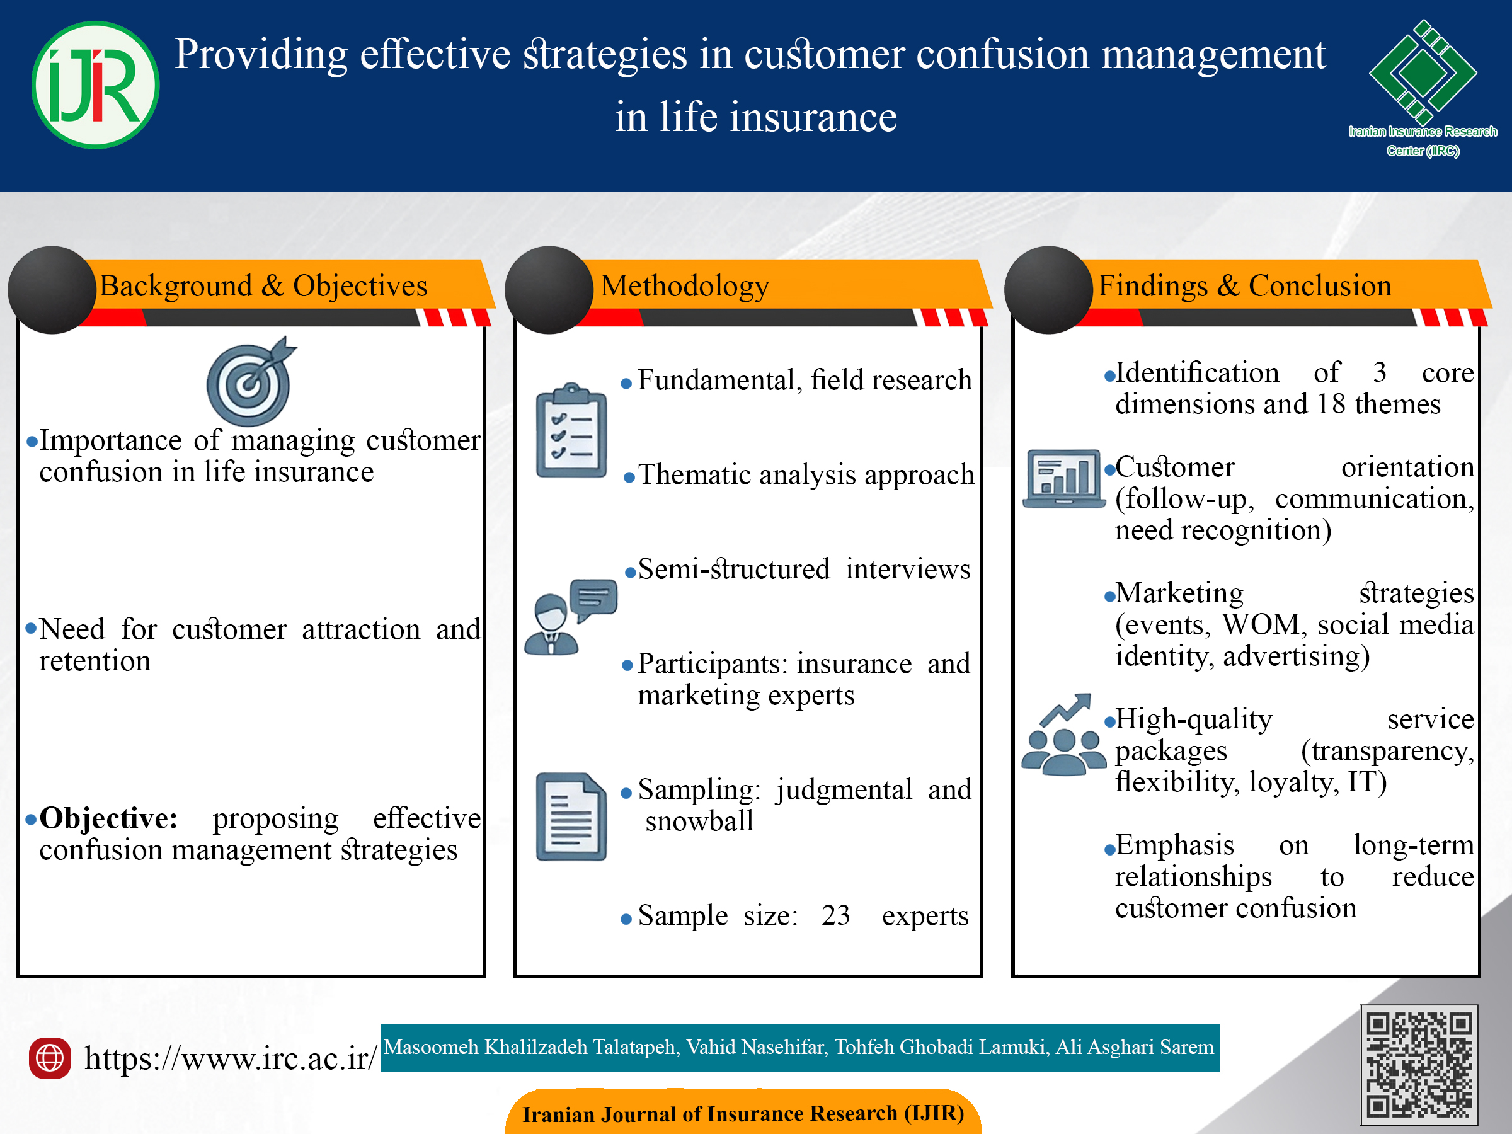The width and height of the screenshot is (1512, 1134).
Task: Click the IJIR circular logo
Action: (96, 85)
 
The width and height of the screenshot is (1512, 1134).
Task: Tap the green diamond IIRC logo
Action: (1423, 72)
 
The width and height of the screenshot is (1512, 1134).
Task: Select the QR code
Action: (1419, 1064)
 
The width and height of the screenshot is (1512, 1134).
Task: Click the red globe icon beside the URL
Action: (50, 1058)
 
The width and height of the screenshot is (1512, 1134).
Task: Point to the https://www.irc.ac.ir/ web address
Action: (231, 1058)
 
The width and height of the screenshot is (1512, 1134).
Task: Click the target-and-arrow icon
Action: (250, 381)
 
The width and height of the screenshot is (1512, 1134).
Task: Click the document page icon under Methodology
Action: (571, 816)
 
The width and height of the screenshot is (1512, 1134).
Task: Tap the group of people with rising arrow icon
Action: (1063, 735)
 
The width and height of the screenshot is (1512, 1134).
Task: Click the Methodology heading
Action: (685, 286)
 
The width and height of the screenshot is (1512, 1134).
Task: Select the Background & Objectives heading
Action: (263, 286)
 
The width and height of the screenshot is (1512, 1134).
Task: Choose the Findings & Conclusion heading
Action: (1245, 286)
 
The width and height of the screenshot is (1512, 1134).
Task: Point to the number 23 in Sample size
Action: (836, 915)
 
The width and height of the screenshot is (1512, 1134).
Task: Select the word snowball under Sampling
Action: (699, 821)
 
